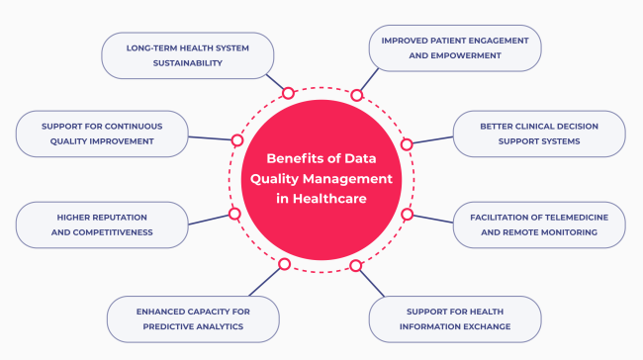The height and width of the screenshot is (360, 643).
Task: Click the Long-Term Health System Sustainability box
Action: (187, 54)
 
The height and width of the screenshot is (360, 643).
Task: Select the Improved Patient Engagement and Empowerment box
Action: (455, 47)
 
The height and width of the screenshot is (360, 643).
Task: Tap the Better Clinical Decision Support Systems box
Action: (538, 134)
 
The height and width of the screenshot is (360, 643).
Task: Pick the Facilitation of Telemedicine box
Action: (538, 225)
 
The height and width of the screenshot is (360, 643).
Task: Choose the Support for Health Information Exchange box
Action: (455, 318)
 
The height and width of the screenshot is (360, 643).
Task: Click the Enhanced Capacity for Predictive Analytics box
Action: (192, 318)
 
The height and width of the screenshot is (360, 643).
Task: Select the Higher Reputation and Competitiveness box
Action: (101, 225)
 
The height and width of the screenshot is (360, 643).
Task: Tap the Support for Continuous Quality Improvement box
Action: (101, 134)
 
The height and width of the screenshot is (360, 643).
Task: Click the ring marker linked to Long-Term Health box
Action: (288, 93)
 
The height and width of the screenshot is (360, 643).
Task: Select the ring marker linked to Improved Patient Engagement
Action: (356, 95)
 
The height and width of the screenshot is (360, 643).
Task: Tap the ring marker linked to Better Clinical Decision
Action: (407, 144)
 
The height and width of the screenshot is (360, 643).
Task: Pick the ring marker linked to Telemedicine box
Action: (407, 214)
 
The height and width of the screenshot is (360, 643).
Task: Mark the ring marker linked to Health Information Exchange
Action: (355, 265)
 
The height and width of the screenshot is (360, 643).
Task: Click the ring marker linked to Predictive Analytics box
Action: (284, 264)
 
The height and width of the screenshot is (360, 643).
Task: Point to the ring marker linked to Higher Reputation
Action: (234, 214)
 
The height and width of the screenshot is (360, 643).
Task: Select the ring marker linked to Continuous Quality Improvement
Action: (236, 140)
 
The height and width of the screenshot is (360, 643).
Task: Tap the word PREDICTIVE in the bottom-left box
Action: (175, 325)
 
